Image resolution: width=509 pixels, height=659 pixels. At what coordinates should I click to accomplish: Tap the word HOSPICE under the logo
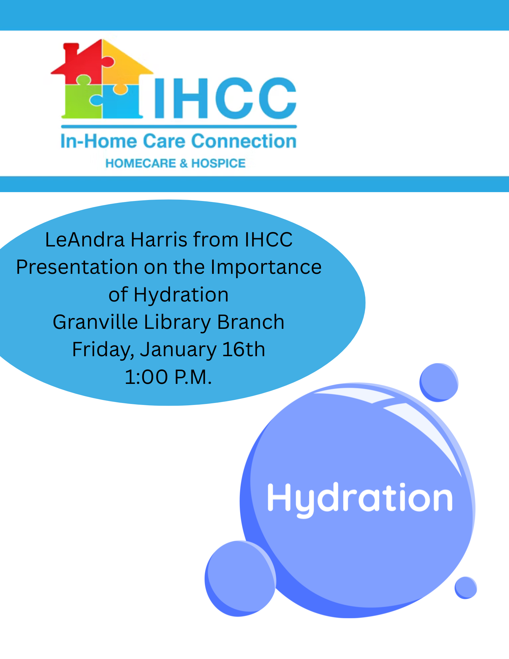218,163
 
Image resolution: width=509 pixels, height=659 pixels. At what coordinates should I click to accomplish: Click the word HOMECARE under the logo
141,163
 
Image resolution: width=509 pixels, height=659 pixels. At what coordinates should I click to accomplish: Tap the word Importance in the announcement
266,268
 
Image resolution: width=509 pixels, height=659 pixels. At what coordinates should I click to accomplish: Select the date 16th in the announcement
243,349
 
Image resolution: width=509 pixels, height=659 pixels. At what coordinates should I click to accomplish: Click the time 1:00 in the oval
146,377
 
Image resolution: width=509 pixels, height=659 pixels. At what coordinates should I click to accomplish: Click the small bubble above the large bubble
439,383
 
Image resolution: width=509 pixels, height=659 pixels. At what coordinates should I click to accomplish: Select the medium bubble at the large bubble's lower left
240,578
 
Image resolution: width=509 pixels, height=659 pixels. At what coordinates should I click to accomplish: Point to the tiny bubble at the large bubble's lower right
466,587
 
